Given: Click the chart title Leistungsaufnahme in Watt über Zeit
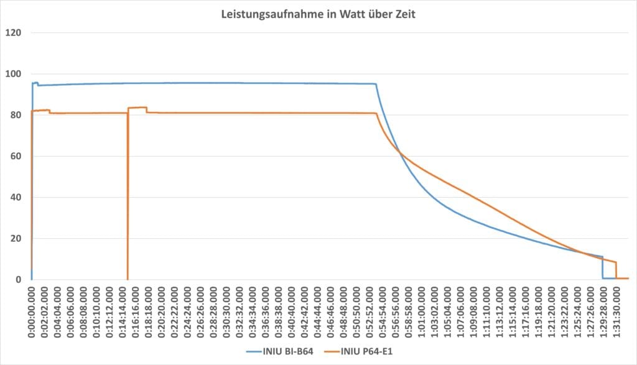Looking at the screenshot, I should [x=318, y=14].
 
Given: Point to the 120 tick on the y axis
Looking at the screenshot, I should [x=14, y=32].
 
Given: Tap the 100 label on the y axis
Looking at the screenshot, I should [x=14, y=74].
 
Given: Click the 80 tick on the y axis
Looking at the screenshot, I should [x=16, y=115].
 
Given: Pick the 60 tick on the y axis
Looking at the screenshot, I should [x=16, y=156].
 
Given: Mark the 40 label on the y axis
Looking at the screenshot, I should [x=16, y=197].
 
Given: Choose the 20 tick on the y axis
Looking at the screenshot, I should [x=16, y=239].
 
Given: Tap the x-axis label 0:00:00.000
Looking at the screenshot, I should [x=32, y=312].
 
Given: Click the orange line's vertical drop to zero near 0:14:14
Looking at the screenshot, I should [x=128, y=199].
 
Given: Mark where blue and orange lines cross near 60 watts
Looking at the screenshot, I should [x=401, y=152].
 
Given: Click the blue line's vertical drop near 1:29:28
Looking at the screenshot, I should [x=602, y=267].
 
